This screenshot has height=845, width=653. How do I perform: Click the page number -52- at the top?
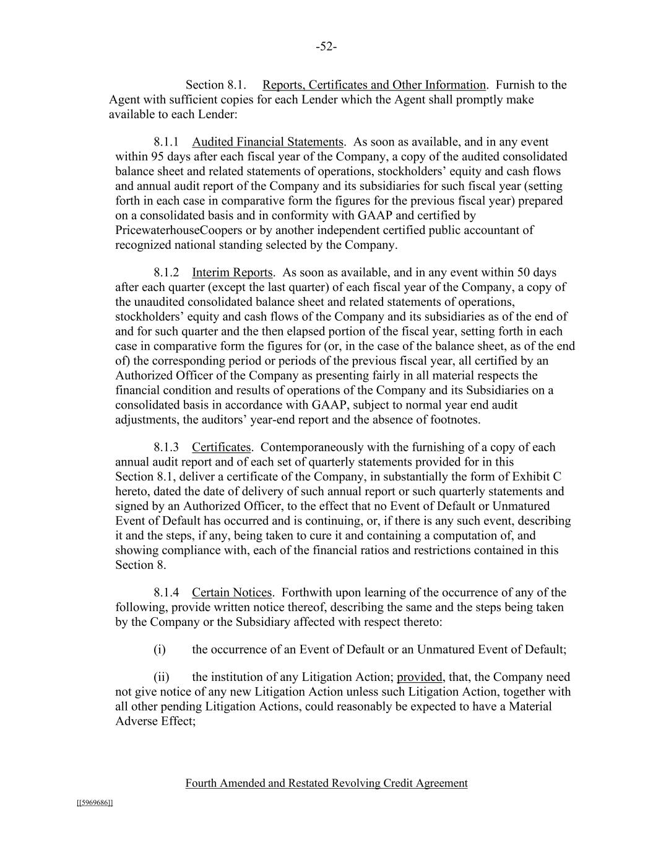(x=326, y=47)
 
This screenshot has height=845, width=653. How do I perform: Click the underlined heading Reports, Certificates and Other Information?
(x=374, y=85)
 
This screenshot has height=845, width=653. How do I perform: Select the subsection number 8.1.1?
(x=166, y=142)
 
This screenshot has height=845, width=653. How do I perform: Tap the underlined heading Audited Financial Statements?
(x=267, y=142)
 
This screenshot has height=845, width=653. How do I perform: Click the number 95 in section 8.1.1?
(x=157, y=157)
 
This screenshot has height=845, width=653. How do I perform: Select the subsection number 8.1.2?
(x=166, y=273)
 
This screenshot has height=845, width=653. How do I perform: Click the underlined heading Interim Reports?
(x=232, y=273)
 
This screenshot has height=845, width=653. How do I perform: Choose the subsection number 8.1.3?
(x=166, y=448)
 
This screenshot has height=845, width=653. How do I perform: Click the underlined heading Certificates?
(x=221, y=448)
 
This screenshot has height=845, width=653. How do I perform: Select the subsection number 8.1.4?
(x=166, y=593)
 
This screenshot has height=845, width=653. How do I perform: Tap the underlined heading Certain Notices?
(x=231, y=593)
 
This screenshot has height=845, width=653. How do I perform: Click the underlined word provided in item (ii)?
(x=419, y=677)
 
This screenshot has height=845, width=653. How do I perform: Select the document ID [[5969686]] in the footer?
(x=95, y=803)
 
